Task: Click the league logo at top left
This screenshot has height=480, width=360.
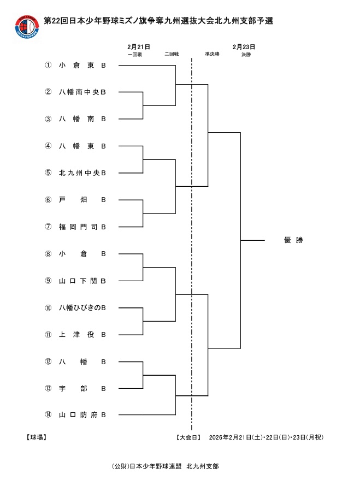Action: click(x=28, y=26)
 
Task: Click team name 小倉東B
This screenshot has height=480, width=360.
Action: click(x=82, y=65)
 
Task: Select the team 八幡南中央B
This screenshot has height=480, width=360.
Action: click(x=82, y=92)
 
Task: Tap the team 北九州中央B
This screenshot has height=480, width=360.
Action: click(x=82, y=173)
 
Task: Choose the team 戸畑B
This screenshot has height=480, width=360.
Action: click(x=82, y=200)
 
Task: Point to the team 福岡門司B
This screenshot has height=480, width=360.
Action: click(x=82, y=227)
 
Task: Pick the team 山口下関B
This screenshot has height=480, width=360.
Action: click(x=82, y=281)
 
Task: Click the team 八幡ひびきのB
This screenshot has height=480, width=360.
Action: click(x=82, y=307)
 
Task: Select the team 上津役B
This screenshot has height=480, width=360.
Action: click(x=82, y=334)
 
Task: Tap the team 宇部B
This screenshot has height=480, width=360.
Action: click(x=82, y=388)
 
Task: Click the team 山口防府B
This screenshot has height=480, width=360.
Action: click(x=82, y=415)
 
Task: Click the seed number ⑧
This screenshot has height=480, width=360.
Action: click(x=48, y=253)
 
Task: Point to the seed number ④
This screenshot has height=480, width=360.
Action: click(x=48, y=146)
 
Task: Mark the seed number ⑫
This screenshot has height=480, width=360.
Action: click(x=48, y=362)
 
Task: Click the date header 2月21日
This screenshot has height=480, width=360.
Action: click(x=139, y=47)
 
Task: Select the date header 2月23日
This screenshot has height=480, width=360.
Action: click(x=244, y=47)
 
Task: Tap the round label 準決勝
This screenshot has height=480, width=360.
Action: click(x=212, y=54)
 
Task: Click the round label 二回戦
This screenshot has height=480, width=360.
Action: click(x=172, y=54)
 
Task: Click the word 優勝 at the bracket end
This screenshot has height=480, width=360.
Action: click(x=293, y=240)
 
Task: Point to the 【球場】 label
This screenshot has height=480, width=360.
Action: click(x=36, y=437)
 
